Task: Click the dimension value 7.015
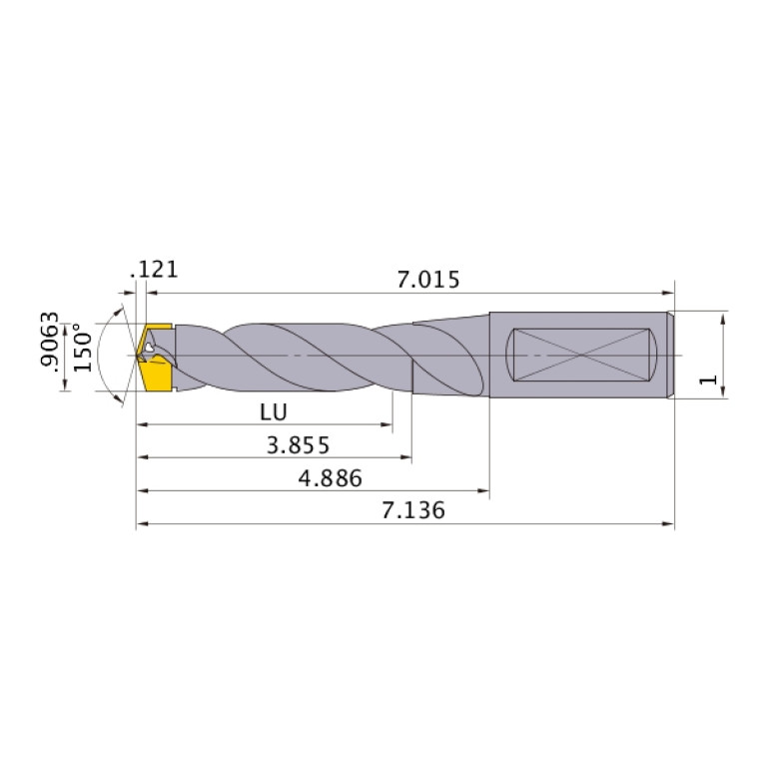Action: pyautogui.click(x=427, y=280)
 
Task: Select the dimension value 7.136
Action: pyautogui.click(x=413, y=510)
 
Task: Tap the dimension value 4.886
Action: pyautogui.click(x=330, y=477)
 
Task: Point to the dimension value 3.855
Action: pyautogui.click(x=298, y=444)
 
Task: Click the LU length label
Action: pyautogui.click(x=273, y=410)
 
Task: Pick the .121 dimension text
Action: pyautogui.click(x=154, y=270)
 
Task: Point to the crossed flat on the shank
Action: pyautogui.click(x=581, y=356)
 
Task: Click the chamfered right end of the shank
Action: pyautogui.click(x=670, y=356)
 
